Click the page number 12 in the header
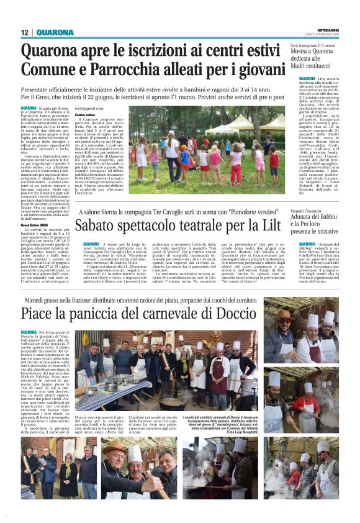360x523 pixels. pyautogui.click(x=25, y=32)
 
